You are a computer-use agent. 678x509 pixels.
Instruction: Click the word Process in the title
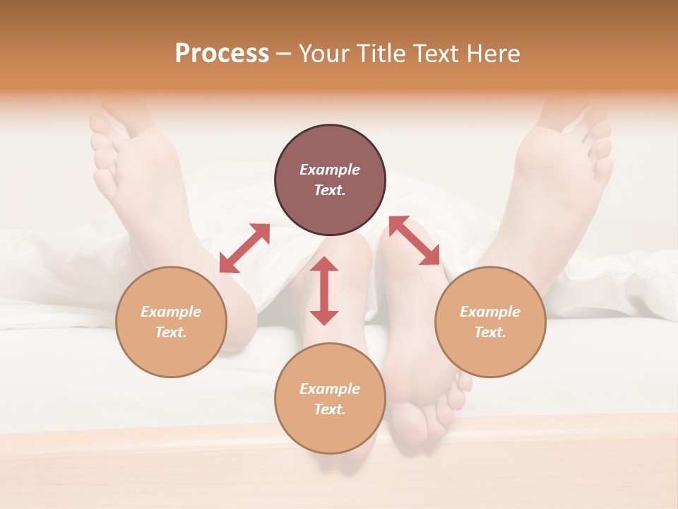click(222, 54)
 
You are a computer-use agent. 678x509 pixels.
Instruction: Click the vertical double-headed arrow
click(324, 291)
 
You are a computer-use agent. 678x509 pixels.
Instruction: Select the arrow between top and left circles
click(244, 248)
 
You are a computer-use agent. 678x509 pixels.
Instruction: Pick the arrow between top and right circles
click(415, 241)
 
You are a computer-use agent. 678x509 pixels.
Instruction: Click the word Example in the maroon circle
click(330, 170)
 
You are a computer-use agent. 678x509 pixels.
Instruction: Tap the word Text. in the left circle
click(171, 332)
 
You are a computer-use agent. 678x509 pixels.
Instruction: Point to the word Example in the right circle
click(490, 312)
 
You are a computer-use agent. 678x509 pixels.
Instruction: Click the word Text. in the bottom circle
click(330, 409)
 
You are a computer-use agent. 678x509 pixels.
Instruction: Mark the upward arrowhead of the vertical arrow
click(324, 265)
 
